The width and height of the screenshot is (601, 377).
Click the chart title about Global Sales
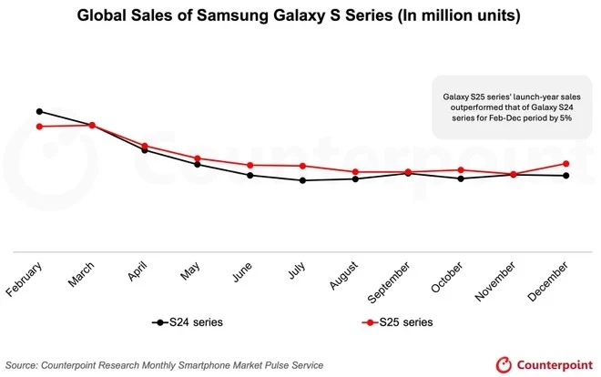point(300,15)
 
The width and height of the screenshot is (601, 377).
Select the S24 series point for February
point(39,111)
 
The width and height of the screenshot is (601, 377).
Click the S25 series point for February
point(39,127)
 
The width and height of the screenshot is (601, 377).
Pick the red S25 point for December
point(566,164)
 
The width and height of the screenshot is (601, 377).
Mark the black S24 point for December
point(566,176)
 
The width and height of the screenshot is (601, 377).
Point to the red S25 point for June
point(250,166)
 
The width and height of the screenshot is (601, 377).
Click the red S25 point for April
point(145,146)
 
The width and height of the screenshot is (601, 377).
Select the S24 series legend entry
point(187,322)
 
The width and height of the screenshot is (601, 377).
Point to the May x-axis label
point(188,272)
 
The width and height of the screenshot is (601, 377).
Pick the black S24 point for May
point(198,164)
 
